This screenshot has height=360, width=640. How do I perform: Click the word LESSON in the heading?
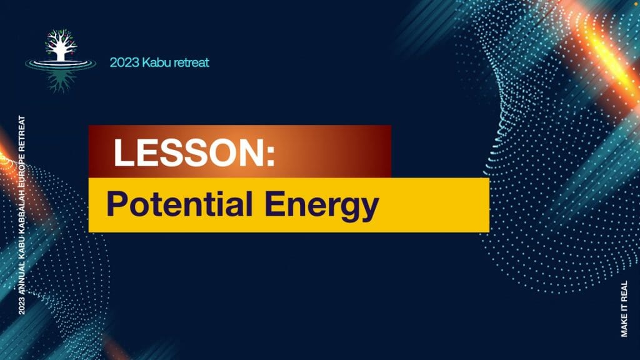click(189, 152)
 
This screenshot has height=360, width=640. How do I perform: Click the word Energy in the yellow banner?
click(322, 206)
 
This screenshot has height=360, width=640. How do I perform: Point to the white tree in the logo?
click(61, 45)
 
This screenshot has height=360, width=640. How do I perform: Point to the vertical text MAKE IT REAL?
click(624, 309)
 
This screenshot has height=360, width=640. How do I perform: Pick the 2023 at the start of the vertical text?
click(22, 305)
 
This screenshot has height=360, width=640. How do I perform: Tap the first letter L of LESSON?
click(123, 152)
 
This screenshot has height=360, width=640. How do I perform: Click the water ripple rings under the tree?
click(61, 64)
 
